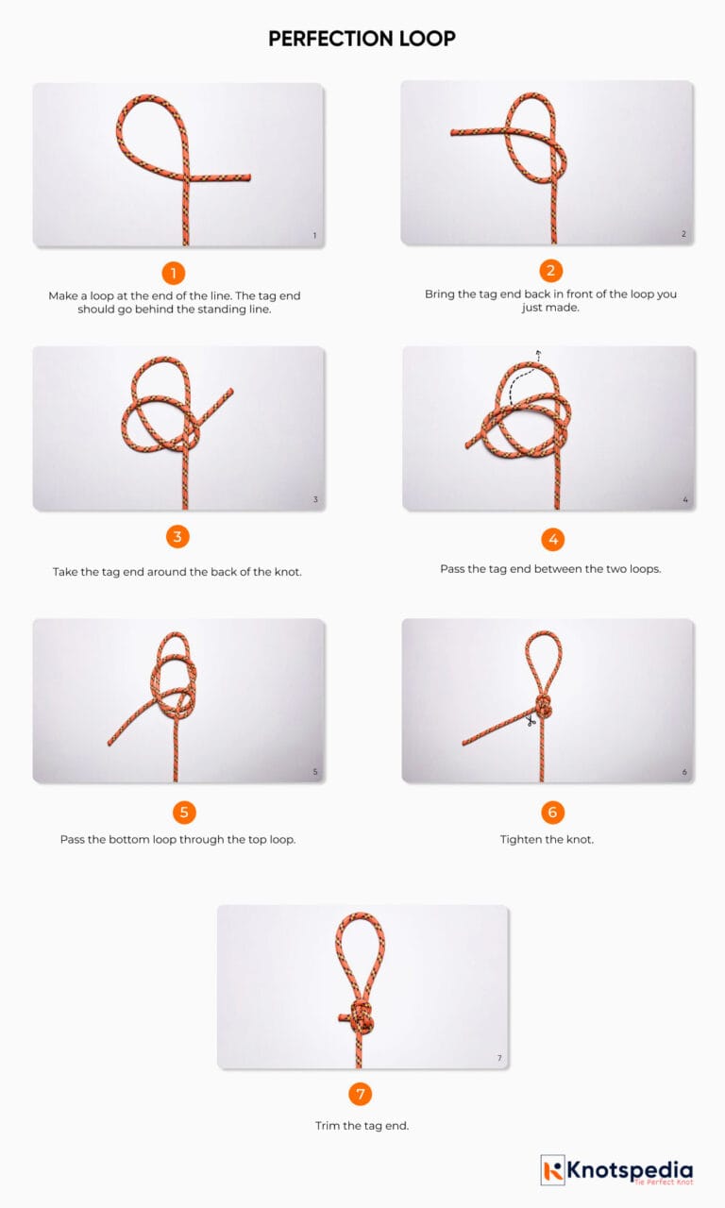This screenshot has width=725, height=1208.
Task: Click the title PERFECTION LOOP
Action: tap(362, 39)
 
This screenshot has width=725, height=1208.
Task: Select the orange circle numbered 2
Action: tap(551, 271)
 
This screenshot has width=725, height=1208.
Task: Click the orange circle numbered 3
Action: tap(177, 537)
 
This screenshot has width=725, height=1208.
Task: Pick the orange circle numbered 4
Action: tap(553, 539)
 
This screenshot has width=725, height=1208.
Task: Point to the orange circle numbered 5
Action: tap(184, 812)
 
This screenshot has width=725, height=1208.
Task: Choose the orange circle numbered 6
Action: tap(553, 812)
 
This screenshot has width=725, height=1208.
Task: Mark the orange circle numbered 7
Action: tap(360, 1095)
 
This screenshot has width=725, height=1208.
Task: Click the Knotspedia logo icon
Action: tap(553, 1170)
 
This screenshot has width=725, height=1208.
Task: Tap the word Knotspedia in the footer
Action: tap(630, 1168)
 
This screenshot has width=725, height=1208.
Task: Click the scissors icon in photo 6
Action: tap(531, 722)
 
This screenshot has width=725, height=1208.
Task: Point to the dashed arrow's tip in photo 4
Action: tap(538, 353)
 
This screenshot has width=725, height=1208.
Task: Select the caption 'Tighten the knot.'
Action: tap(547, 839)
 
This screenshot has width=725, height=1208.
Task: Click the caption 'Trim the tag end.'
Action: tap(362, 1125)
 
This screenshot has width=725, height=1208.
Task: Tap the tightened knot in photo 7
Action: tap(360, 1019)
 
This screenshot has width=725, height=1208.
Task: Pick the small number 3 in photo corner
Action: tap(315, 500)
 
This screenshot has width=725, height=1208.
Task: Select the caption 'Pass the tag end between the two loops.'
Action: tap(550, 569)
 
